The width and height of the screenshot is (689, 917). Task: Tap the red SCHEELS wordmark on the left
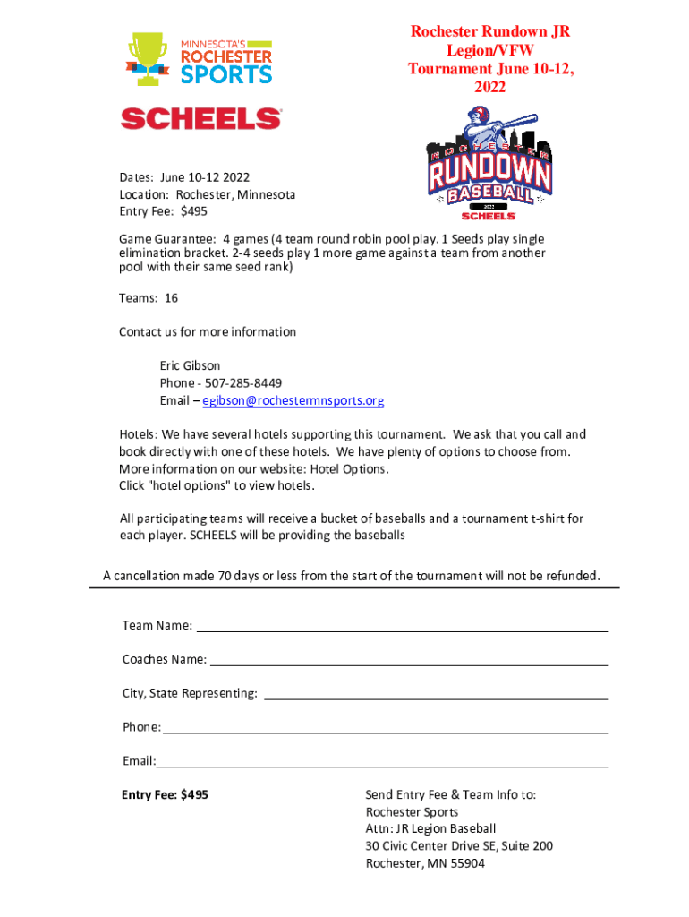(x=201, y=118)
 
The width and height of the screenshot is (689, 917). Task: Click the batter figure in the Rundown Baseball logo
(x=483, y=125)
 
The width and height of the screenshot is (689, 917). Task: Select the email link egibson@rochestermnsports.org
(x=293, y=400)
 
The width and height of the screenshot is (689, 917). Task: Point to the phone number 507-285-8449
(x=231, y=383)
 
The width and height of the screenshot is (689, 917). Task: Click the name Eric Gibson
(x=190, y=365)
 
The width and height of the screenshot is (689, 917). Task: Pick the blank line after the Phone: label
(x=386, y=727)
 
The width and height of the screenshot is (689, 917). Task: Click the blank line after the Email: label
(x=383, y=761)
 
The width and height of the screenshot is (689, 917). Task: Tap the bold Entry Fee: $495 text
(x=166, y=794)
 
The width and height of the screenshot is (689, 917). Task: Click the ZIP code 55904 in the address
(x=467, y=863)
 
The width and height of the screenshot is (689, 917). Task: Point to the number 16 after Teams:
(x=171, y=297)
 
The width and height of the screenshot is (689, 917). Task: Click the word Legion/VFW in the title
(x=489, y=50)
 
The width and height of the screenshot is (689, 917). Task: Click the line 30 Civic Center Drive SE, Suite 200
(x=459, y=846)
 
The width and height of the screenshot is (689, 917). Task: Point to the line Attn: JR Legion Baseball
(x=430, y=829)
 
